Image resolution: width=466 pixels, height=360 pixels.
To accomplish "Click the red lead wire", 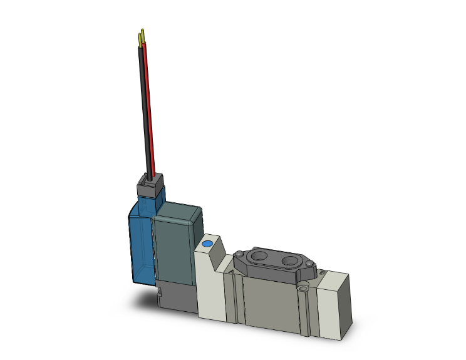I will (x=148, y=106).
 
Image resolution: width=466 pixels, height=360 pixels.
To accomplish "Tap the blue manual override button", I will (x=208, y=242).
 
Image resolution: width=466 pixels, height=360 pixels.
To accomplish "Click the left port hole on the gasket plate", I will (x=257, y=257).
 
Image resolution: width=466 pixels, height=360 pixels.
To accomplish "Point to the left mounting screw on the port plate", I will (x=239, y=254).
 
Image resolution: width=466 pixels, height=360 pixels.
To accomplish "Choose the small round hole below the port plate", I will (x=304, y=289).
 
